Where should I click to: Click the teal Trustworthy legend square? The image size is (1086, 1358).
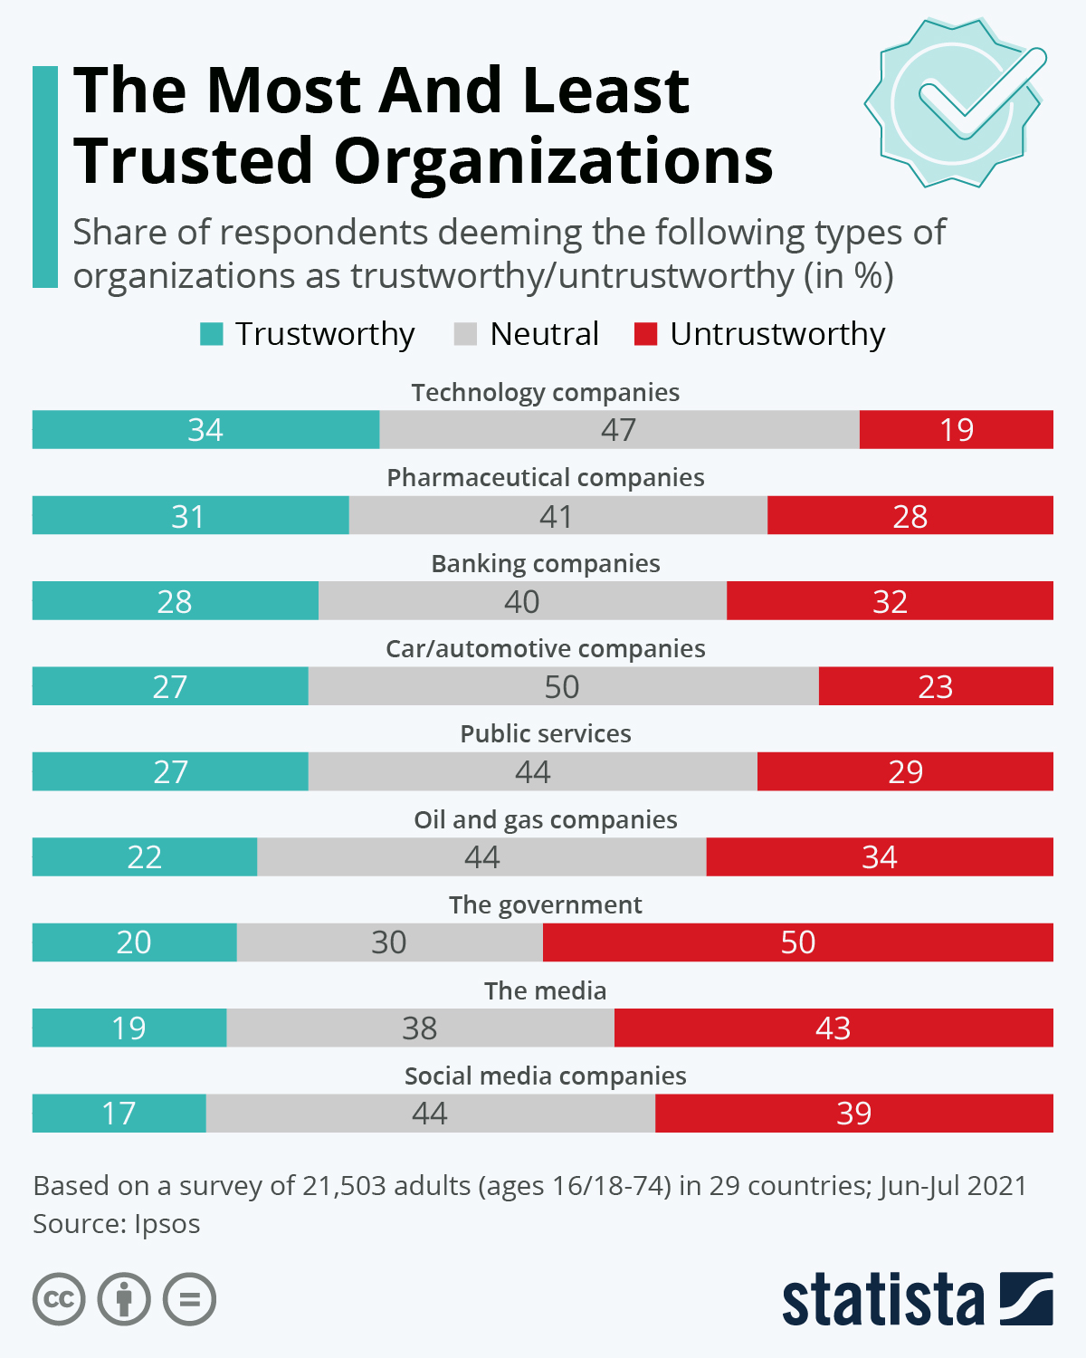(211, 334)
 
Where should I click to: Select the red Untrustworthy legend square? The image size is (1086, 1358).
(645, 334)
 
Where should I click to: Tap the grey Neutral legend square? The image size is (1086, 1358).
(465, 334)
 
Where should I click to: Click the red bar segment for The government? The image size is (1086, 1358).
(797, 942)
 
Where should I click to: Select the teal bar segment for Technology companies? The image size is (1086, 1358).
(205, 429)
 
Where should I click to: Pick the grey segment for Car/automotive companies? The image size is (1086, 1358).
(562, 686)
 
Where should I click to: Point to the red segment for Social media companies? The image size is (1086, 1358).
(853, 1113)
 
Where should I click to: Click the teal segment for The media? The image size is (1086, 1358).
(129, 1028)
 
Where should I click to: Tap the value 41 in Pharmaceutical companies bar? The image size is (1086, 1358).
(556, 516)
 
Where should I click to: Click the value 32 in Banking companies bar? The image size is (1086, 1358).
(890, 601)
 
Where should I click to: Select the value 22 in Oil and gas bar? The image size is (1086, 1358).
(144, 857)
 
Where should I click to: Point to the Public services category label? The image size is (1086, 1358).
(545, 733)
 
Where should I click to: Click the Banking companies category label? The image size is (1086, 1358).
(545, 563)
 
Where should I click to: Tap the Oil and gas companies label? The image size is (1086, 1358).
(545, 819)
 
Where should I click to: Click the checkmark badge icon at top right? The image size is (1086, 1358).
(956, 102)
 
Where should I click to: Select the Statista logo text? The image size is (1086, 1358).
(882, 1300)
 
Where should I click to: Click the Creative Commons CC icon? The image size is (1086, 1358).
(59, 1299)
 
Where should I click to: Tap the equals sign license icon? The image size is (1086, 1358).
(189, 1299)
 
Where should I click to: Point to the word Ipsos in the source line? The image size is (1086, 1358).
(167, 1224)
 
